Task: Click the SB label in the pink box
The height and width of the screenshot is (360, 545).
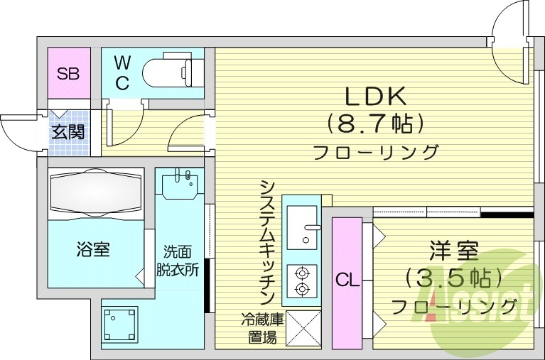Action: click(x=68, y=72)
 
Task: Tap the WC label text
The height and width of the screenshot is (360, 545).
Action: click(x=122, y=73)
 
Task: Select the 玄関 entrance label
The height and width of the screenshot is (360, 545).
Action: click(x=68, y=131)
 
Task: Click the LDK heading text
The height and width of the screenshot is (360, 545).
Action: click(x=374, y=96)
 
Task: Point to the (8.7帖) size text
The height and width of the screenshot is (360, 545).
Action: click(x=374, y=124)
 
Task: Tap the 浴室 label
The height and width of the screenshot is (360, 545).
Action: click(x=93, y=249)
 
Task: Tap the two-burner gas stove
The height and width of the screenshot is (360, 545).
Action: click(x=302, y=280)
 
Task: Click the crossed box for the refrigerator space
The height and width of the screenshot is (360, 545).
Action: click(x=303, y=328)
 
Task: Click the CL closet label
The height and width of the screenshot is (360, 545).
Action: click(x=347, y=280)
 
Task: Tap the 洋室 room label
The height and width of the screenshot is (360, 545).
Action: click(x=453, y=250)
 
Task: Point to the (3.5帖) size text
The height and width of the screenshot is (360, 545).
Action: click(x=453, y=277)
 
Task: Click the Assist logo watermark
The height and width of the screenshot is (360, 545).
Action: click(x=490, y=298)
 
